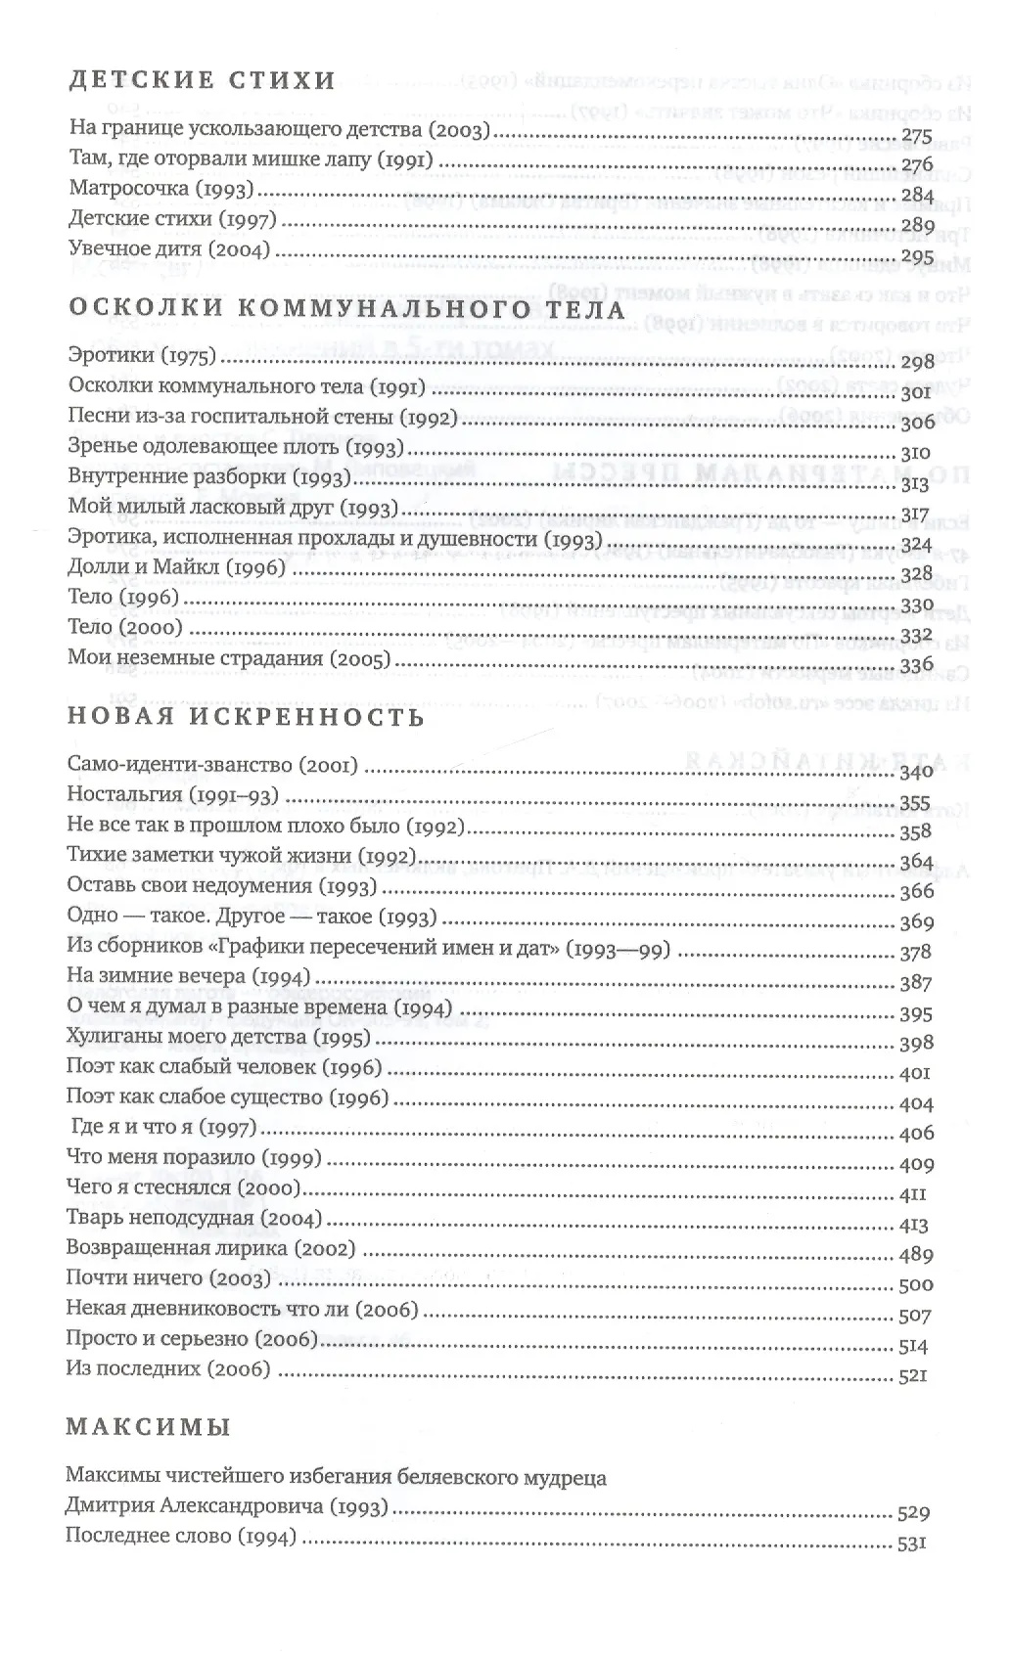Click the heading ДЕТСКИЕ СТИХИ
[x=202, y=81]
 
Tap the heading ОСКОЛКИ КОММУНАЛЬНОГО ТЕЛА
[x=346, y=310]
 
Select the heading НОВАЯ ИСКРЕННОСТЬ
[x=246, y=718]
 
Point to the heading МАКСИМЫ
[x=148, y=1427]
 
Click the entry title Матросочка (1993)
[x=161, y=189]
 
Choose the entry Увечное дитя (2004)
[x=168, y=249]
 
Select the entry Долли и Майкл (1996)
[x=176, y=567]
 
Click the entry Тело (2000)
[x=125, y=627]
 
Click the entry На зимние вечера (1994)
[x=189, y=976]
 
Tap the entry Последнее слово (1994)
[x=180, y=1537]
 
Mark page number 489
[x=912, y=1255]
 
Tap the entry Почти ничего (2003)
[x=167, y=1278]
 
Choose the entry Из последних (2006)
[x=167, y=1369]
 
